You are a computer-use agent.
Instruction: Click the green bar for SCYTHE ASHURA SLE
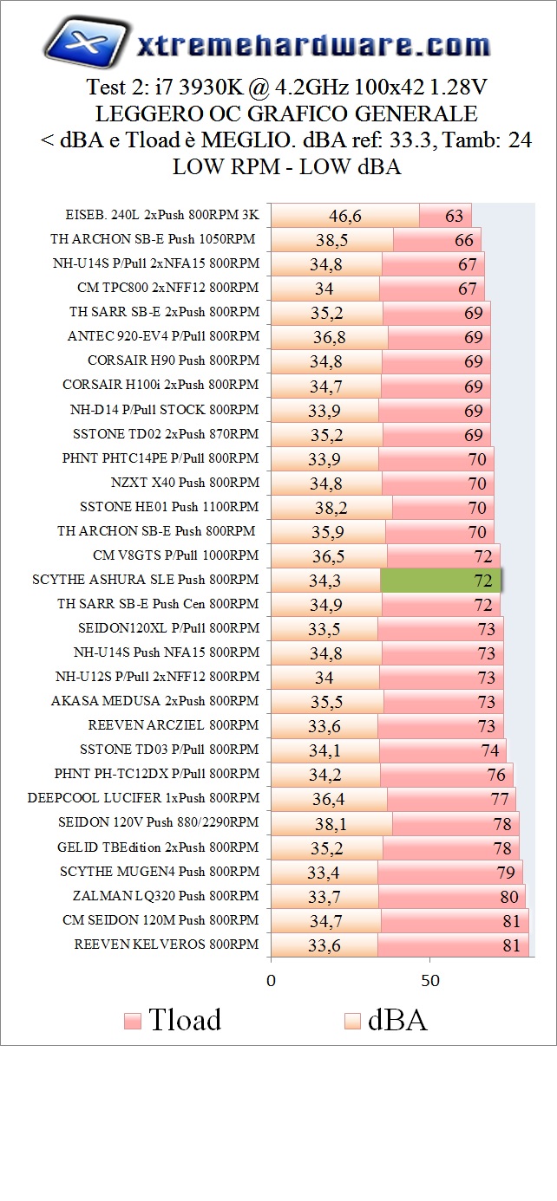coord(441,581)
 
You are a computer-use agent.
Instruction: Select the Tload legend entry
coord(174,1020)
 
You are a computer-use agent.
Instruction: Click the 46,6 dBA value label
coord(344,217)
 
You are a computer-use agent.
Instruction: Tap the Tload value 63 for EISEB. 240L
coord(454,217)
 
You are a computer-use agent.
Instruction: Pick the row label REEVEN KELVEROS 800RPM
coord(167,945)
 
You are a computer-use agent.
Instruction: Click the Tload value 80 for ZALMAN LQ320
coord(509,896)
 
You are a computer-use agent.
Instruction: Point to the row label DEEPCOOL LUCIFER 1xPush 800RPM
coord(143,799)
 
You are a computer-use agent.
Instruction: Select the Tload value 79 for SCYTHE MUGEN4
coord(506,872)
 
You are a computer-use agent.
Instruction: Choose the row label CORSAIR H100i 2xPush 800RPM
coord(161,386)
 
